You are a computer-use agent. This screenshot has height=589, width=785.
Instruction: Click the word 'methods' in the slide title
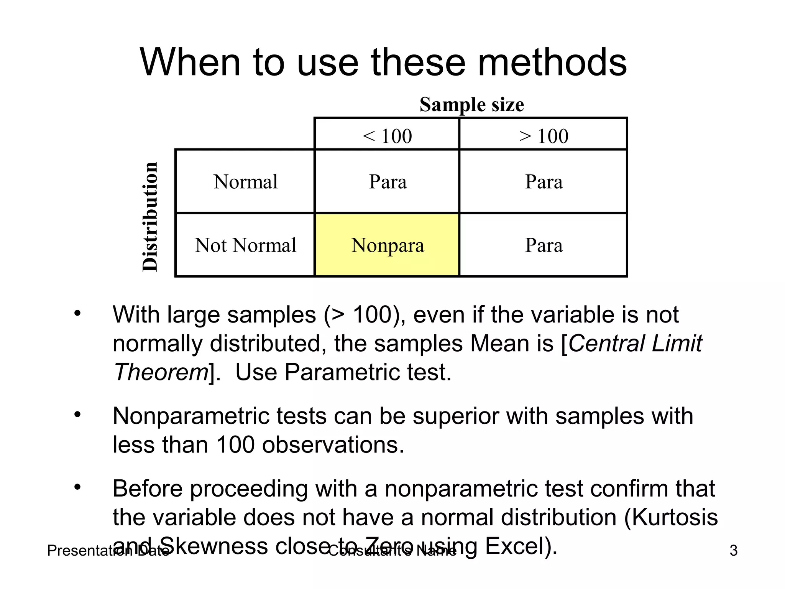(552, 62)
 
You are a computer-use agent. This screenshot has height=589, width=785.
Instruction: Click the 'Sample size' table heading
(471, 104)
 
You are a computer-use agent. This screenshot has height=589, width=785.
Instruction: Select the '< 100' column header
(387, 136)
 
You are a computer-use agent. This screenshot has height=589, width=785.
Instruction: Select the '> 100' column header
(544, 136)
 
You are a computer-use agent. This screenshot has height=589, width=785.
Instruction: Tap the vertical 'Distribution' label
(150, 217)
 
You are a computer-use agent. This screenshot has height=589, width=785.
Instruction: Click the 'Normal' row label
(245, 181)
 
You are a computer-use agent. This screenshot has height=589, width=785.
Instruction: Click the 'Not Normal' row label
(245, 245)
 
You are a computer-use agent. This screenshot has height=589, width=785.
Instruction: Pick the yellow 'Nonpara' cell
(387, 245)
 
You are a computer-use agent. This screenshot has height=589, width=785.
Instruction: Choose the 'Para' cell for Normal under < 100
(387, 181)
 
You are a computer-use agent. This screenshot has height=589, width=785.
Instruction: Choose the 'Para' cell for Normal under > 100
(544, 181)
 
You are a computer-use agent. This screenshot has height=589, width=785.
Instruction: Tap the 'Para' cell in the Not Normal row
(544, 245)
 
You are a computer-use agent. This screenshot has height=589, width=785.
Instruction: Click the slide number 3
(733, 551)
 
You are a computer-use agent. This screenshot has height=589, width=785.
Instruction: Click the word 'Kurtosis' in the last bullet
(675, 517)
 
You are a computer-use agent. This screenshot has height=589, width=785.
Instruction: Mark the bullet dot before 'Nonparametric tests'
(78, 415)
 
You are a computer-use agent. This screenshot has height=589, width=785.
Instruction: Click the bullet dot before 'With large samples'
(78, 313)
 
